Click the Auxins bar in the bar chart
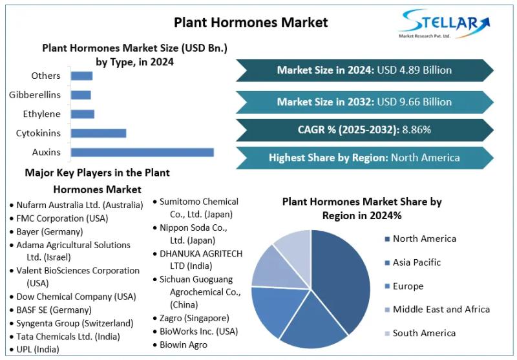pos(142,153)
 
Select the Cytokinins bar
pos(98,133)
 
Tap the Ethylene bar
pos(82,114)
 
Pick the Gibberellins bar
pos(81,95)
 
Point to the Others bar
pos(81,76)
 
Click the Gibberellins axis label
pos(35,95)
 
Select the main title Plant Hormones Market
pos(251,23)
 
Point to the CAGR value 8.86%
pos(416,129)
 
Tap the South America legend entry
pos(424,333)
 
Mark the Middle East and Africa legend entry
pos(441,310)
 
